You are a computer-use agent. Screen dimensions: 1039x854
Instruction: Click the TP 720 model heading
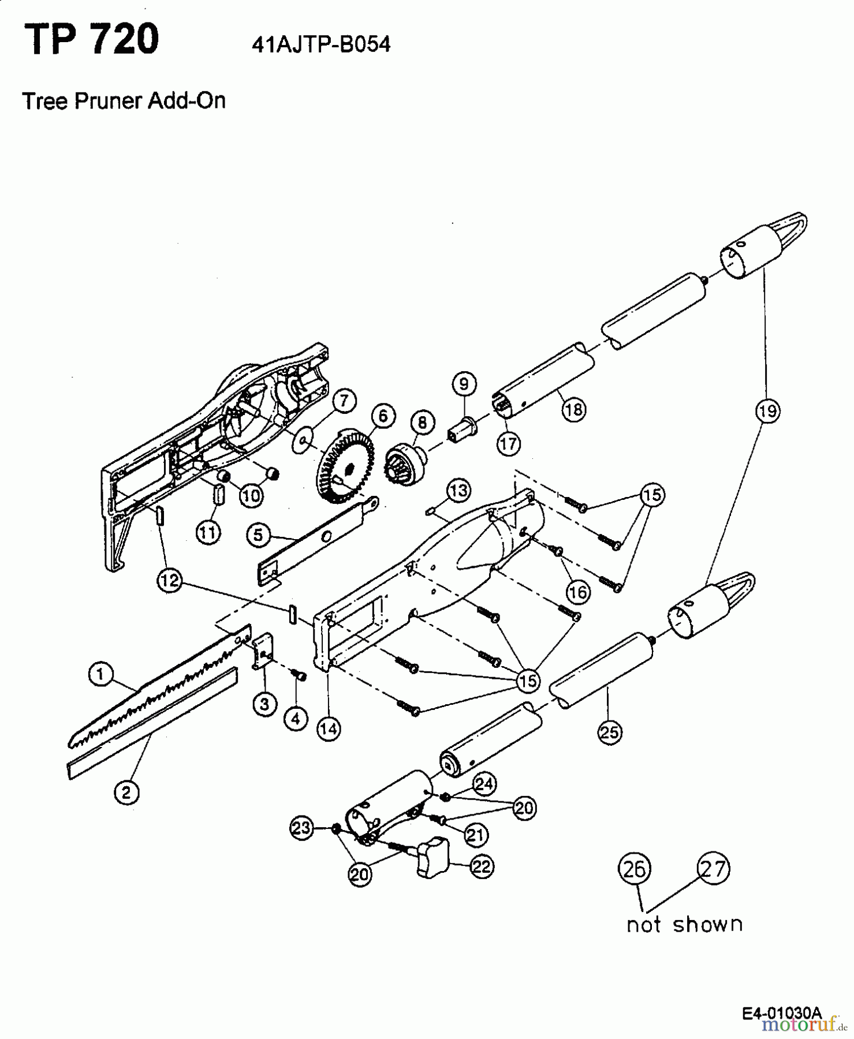91,39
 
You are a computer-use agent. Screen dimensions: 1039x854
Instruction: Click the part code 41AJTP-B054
321,44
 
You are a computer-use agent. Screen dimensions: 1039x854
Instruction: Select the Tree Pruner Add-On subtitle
124,101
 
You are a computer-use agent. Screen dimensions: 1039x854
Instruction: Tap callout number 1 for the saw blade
100,674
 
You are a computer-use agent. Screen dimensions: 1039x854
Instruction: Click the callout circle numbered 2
126,792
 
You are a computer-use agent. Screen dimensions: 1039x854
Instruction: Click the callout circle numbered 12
169,581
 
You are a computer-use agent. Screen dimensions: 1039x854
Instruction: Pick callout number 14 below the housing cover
329,729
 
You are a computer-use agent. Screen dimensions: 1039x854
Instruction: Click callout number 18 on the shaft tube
573,409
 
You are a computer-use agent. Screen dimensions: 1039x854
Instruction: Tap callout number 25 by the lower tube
610,732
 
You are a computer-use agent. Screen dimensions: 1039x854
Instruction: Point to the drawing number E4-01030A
782,1012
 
